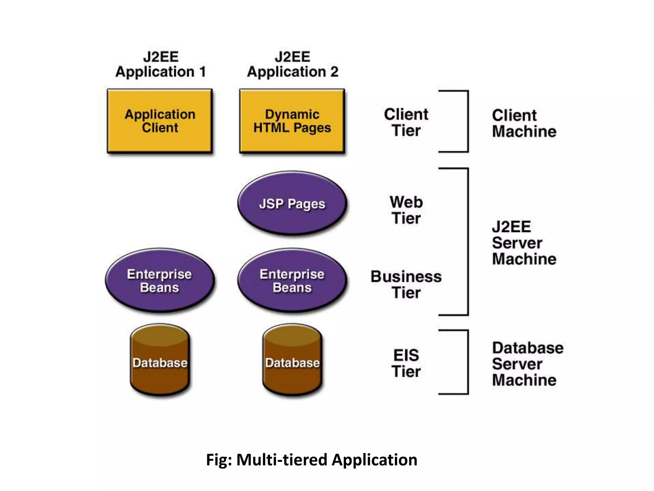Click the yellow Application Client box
(160, 121)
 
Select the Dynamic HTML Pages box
(292, 121)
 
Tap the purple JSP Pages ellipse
(292, 203)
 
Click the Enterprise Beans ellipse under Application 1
(160, 280)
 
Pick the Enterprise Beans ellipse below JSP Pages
(292, 280)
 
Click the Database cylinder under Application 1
(160, 361)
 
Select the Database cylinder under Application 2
(292, 361)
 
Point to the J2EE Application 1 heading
(161, 64)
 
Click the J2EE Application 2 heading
(292, 64)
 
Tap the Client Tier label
(406, 122)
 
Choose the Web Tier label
(406, 210)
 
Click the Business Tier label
(406, 284)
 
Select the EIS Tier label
(406, 363)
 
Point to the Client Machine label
(524, 123)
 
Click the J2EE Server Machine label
(524, 243)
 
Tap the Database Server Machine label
(527, 364)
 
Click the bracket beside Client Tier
(468, 121)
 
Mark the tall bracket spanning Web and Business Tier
(468, 242)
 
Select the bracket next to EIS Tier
(468, 362)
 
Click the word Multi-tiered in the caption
(281, 460)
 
